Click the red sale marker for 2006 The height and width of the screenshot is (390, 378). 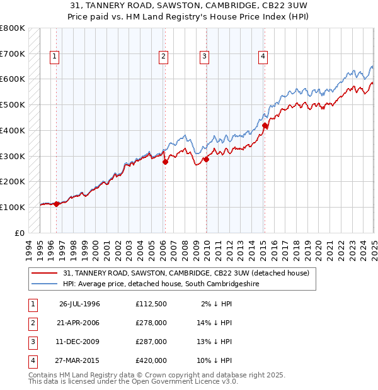165,162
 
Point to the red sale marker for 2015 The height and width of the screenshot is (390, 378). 265,126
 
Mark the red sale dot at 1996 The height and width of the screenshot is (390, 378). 56,204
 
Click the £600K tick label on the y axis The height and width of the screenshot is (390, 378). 12,79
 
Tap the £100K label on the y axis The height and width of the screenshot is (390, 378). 12,207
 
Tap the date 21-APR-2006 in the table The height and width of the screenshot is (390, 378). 79,323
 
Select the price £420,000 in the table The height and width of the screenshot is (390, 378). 151,360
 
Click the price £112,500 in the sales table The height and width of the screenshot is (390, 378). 151,304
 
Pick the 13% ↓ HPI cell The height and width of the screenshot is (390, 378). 215,342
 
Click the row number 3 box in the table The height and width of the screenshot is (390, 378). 32,342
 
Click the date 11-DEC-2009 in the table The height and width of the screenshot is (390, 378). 79,342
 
